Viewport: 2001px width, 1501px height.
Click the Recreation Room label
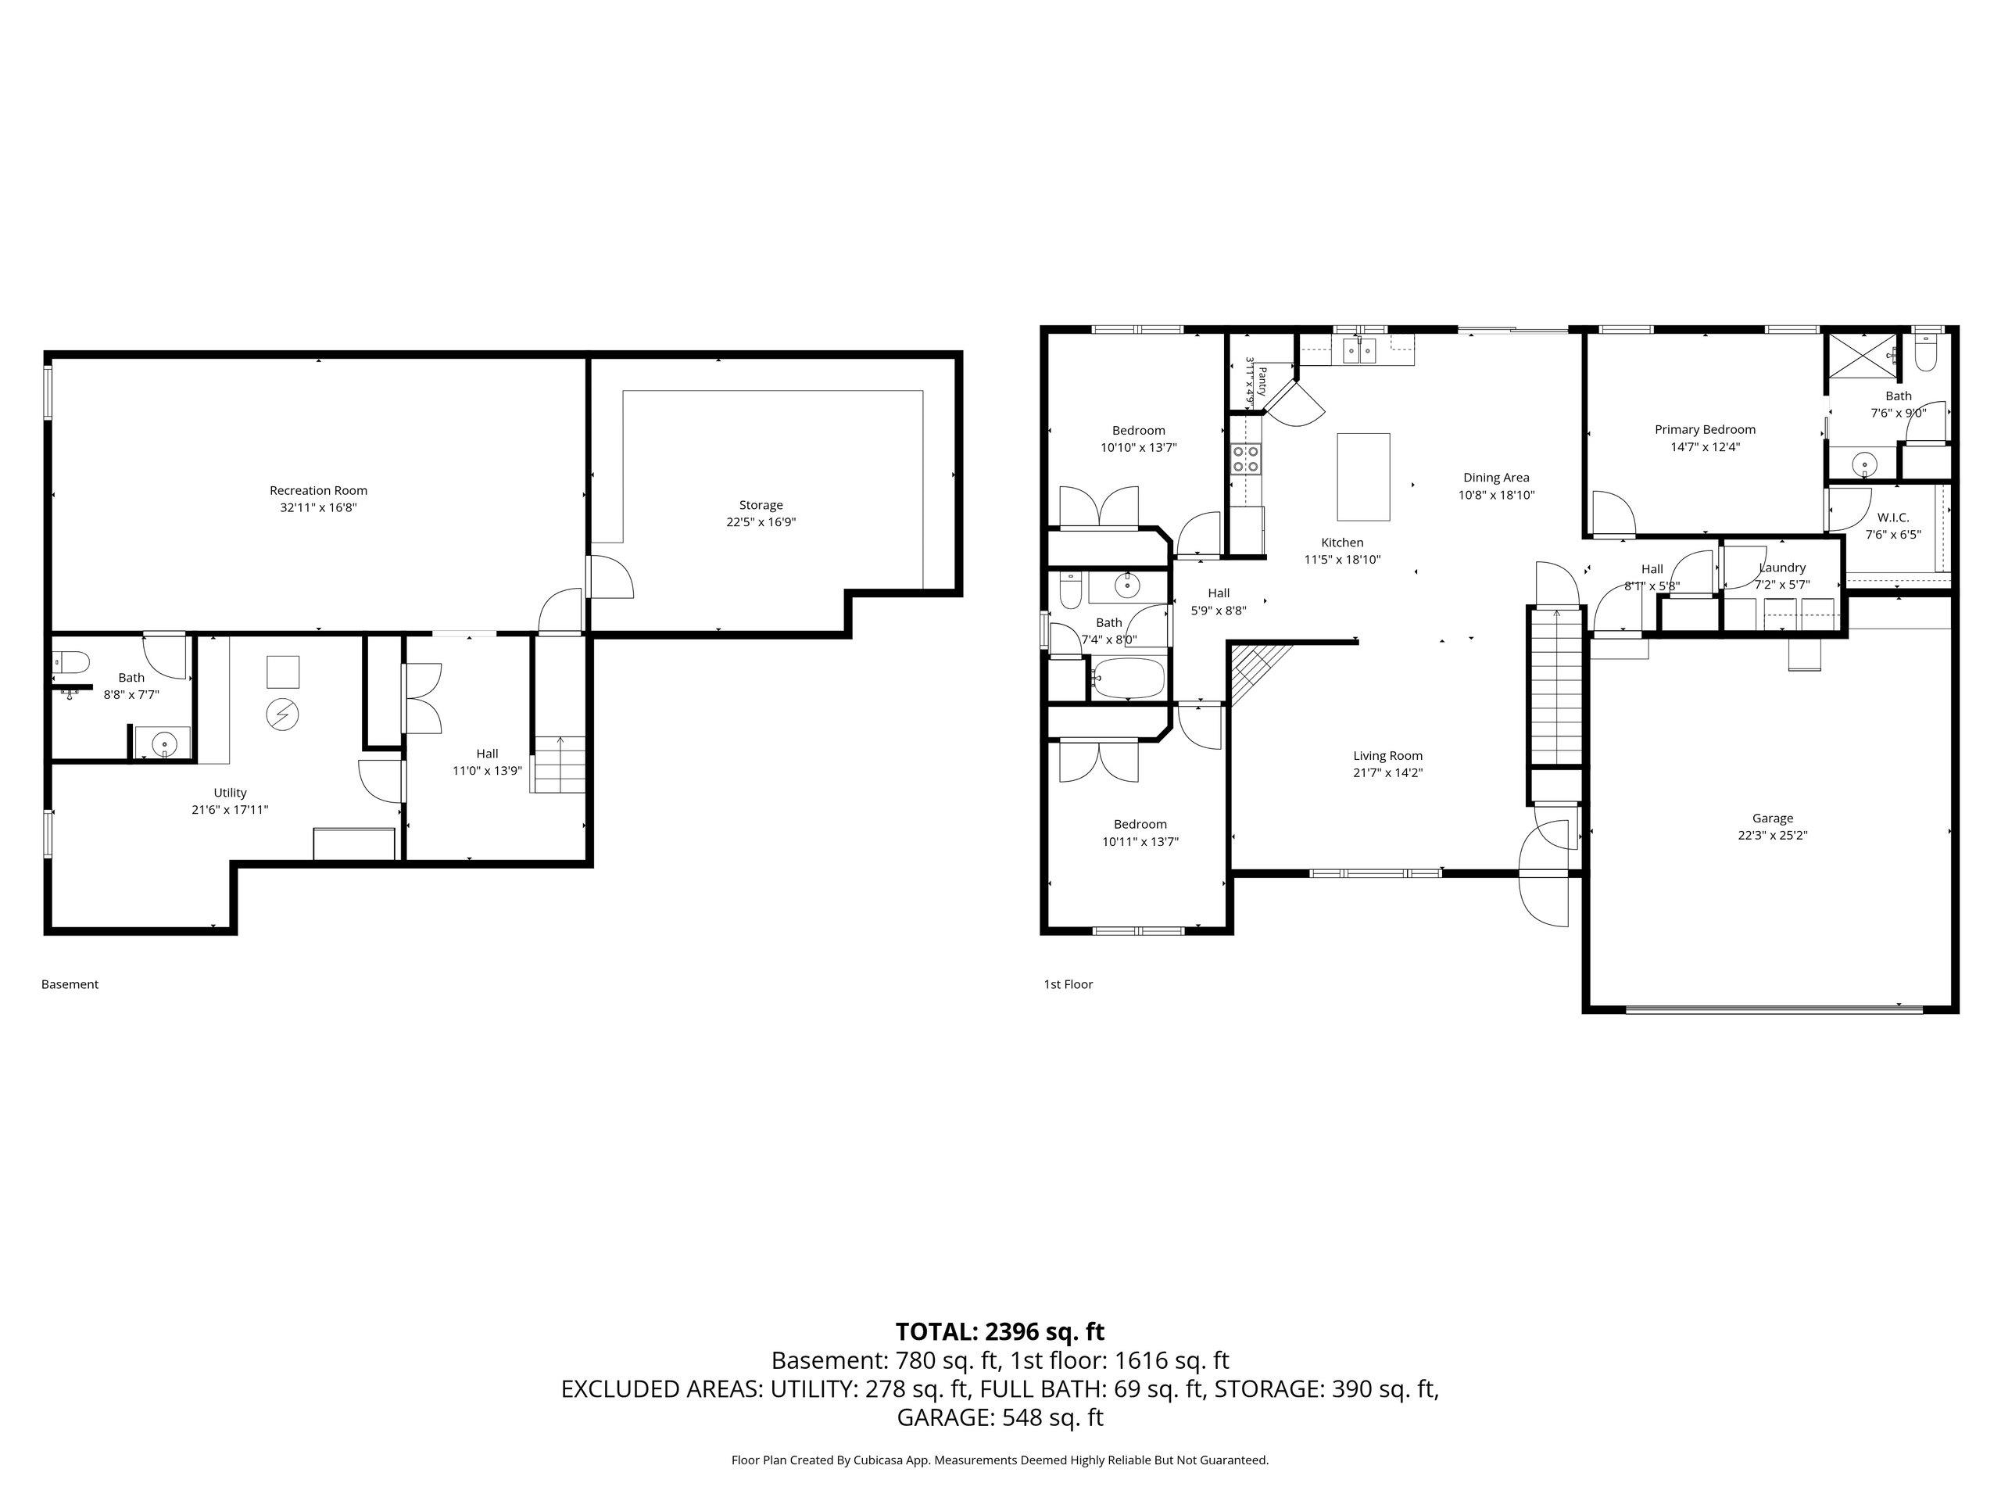(318, 490)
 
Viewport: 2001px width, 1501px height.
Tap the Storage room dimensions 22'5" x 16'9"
(761, 522)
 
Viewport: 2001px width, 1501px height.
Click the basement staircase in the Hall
(558, 765)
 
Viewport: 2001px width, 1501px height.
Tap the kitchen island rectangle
(1364, 477)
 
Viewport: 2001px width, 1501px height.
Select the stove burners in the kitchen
(1247, 459)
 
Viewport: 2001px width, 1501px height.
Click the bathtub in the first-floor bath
(1128, 678)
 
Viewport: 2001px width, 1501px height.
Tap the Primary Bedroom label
(1706, 430)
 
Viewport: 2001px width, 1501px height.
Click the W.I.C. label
(1892, 518)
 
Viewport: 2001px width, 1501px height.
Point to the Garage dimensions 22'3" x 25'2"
(1772, 835)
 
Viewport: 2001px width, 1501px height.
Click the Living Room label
(1387, 755)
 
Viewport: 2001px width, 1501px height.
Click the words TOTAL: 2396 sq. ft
(1000, 1332)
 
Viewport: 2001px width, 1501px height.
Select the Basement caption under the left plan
(70, 984)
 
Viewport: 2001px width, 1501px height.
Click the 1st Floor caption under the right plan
(1069, 984)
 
